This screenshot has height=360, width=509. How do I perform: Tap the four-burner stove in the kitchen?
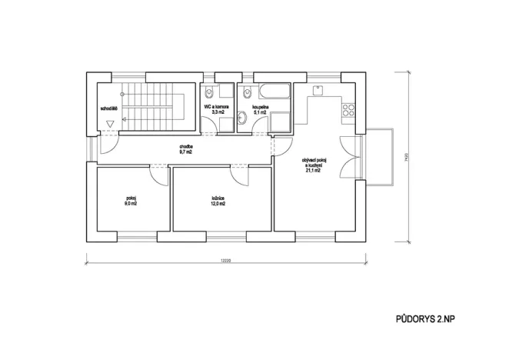tap(347, 108)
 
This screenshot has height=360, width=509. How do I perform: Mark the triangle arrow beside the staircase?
tap(111, 122)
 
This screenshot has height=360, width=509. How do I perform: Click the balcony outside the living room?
tap(379, 158)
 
